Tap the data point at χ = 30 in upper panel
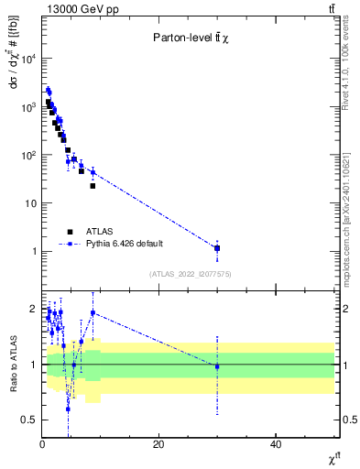(217, 248)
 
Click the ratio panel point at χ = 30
(217, 366)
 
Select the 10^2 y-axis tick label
(27, 155)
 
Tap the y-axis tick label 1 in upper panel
(33, 251)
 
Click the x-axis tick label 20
(158, 444)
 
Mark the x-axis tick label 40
(276, 444)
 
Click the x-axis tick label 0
(42, 444)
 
